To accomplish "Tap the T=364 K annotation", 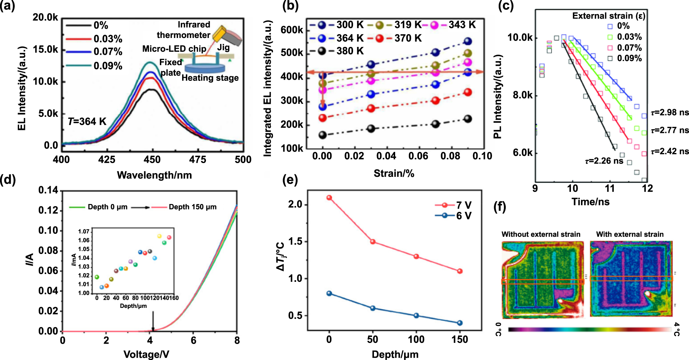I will pyautogui.click(x=87, y=121).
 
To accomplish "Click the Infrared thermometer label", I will pyautogui.click(x=184, y=30).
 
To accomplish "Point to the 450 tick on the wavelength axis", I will pyautogui.click(x=152, y=160).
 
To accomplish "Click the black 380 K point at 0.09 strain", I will pyautogui.click(x=468, y=119).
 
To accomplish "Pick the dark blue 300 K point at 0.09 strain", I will pyautogui.click(x=468, y=41).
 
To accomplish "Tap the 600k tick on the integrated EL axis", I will pyautogui.click(x=292, y=30).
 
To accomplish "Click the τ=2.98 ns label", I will pyautogui.click(x=670, y=112).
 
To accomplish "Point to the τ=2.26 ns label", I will pyautogui.click(x=604, y=161).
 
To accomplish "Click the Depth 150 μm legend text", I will pyautogui.click(x=193, y=207).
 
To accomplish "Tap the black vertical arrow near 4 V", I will pyautogui.click(x=153, y=321).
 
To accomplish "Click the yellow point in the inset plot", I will pyautogui.click(x=159, y=236).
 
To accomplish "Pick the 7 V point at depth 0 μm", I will pyautogui.click(x=329, y=198).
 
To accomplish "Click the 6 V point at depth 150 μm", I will pyautogui.click(x=460, y=323).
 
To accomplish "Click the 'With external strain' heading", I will pyautogui.click(x=630, y=234).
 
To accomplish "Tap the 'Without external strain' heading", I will pyautogui.click(x=541, y=234).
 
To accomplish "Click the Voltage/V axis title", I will pyautogui.click(x=146, y=354).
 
